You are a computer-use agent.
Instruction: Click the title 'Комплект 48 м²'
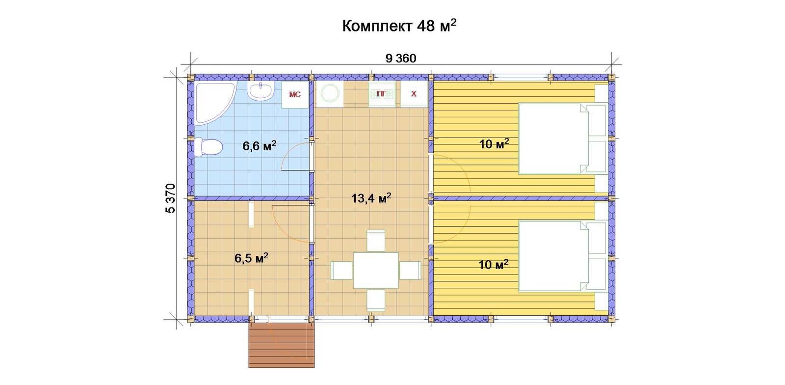[x=399, y=26]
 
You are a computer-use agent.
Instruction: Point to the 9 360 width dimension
[x=401, y=58]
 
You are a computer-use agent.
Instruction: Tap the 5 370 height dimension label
[x=170, y=198]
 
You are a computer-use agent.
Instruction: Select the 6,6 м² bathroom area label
[x=260, y=145]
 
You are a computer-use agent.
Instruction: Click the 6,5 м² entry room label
[x=251, y=258]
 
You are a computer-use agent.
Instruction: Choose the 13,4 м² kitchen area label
[x=371, y=198]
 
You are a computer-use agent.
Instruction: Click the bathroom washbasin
[x=260, y=91]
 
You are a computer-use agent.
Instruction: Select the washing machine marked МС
[x=295, y=95]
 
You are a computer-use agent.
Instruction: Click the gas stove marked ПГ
[x=382, y=94]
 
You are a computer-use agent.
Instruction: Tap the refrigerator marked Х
[x=414, y=94]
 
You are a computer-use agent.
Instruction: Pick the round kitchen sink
[x=330, y=94]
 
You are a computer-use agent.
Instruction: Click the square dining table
[x=376, y=271]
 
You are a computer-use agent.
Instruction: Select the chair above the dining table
[x=376, y=241]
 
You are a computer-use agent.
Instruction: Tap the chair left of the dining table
[x=341, y=271]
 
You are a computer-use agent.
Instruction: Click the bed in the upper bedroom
[x=563, y=138]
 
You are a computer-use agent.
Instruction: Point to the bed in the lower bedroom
[x=563, y=256]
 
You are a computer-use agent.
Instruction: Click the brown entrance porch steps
[x=282, y=345]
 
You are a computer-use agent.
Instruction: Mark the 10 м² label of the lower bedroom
[x=494, y=264]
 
